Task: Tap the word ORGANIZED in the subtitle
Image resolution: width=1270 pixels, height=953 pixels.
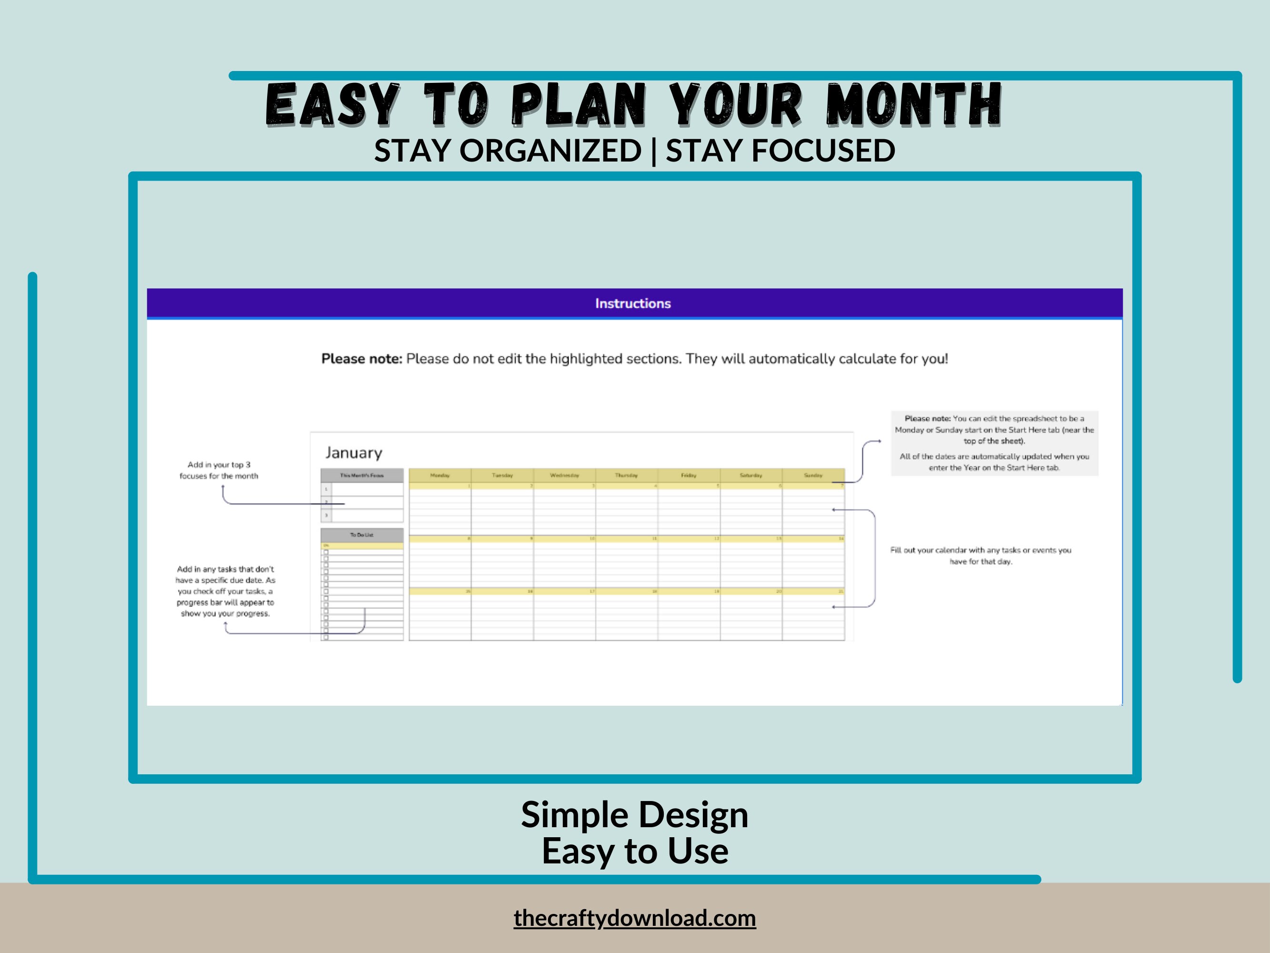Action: [550, 151]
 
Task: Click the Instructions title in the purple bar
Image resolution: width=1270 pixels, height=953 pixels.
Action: [633, 304]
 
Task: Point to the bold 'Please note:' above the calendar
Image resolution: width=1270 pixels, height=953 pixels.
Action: [362, 359]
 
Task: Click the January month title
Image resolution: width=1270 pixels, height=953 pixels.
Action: [354, 453]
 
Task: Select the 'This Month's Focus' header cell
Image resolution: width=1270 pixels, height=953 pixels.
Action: [362, 476]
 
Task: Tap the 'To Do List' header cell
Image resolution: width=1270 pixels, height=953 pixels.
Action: [362, 535]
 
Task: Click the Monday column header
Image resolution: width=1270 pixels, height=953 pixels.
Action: [440, 476]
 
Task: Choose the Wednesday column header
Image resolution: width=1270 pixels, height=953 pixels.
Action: [564, 476]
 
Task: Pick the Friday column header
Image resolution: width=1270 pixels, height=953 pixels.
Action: [689, 476]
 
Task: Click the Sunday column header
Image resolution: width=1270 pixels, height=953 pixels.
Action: [813, 476]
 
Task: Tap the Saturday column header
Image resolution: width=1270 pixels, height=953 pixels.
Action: [751, 476]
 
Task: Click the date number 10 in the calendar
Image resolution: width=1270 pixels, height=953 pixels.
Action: [592, 539]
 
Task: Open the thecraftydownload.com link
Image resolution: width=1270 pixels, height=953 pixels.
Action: [634, 918]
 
